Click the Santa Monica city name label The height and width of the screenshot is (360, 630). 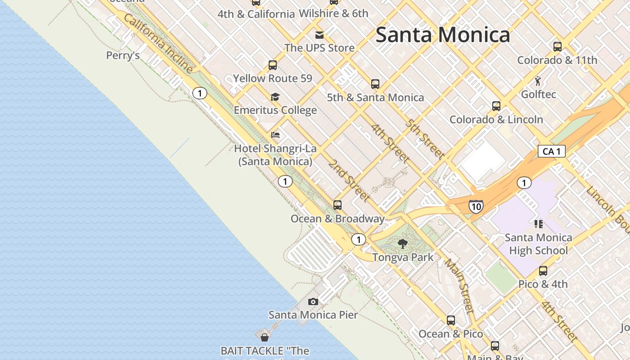tap(443, 35)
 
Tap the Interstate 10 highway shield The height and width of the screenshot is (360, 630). tap(476, 207)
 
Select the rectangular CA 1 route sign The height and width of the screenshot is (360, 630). tap(551, 151)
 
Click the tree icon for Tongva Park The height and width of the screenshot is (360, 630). tap(403, 244)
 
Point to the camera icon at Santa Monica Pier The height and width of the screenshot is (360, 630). tap(313, 301)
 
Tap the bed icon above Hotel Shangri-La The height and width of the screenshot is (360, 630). tap(275, 135)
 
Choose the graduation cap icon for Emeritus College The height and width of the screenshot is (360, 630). tap(275, 97)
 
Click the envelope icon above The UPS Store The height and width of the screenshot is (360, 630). tap(319, 35)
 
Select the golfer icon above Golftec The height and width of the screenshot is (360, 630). tap(538, 81)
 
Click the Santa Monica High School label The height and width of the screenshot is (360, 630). tap(538, 244)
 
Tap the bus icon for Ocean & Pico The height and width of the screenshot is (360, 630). tap(451, 320)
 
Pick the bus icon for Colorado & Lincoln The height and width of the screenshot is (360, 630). tap(496, 106)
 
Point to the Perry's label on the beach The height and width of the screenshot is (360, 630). tap(123, 55)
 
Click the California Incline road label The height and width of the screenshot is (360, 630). tap(158, 43)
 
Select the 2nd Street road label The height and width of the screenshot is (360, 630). tap(349, 180)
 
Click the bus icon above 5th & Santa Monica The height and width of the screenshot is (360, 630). tap(375, 84)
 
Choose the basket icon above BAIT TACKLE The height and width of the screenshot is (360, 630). tap(265, 337)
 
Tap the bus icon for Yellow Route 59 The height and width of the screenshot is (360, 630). tap(273, 65)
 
